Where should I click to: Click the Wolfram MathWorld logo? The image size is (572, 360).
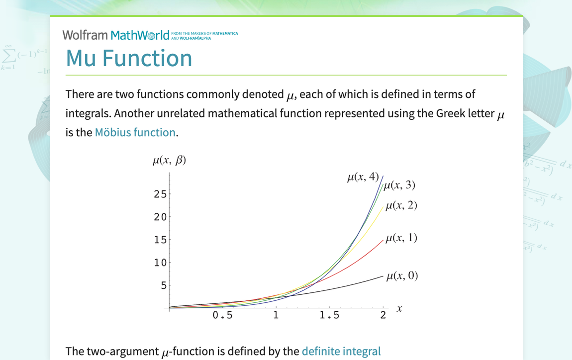pyautogui.click(x=119, y=35)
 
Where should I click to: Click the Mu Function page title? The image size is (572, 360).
pyautogui.click(x=129, y=58)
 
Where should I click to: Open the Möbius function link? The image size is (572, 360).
pyautogui.click(x=135, y=132)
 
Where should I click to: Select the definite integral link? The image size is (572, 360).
pyautogui.click(x=341, y=351)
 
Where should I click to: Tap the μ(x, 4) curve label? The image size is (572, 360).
pyautogui.click(x=363, y=178)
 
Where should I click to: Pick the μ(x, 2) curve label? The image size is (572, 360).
pyautogui.click(x=401, y=205)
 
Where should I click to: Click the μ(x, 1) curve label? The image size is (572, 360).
pyautogui.click(x=401, y=238)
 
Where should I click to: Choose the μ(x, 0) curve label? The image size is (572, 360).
pyautogui.click(x=402, y=275)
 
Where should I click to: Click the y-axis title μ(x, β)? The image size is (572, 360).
pyautogui.click(x=169, y=160)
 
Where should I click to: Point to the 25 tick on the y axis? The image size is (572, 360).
pyautogui.click(x=160, y=194)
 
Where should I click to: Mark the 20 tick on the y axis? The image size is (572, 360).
pyautogui.click(x=160, y=217)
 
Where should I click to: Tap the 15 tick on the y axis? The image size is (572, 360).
pyautogui.click(x=160, y=240)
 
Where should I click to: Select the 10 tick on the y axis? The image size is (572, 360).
pyautogui.click(x=160, y=263)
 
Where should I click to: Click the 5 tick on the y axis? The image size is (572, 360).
pyautogui.click(x=163, y=285)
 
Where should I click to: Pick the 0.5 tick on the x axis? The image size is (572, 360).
pyautogui.click(x=222, y=315)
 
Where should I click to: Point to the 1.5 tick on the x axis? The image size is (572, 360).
pyautogui.click(x=329, y=315)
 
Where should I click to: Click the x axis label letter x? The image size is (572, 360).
pyautogui.click(x=399, y=309)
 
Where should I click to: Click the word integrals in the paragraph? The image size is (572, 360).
pyautogui.click(x=88, y=113)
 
